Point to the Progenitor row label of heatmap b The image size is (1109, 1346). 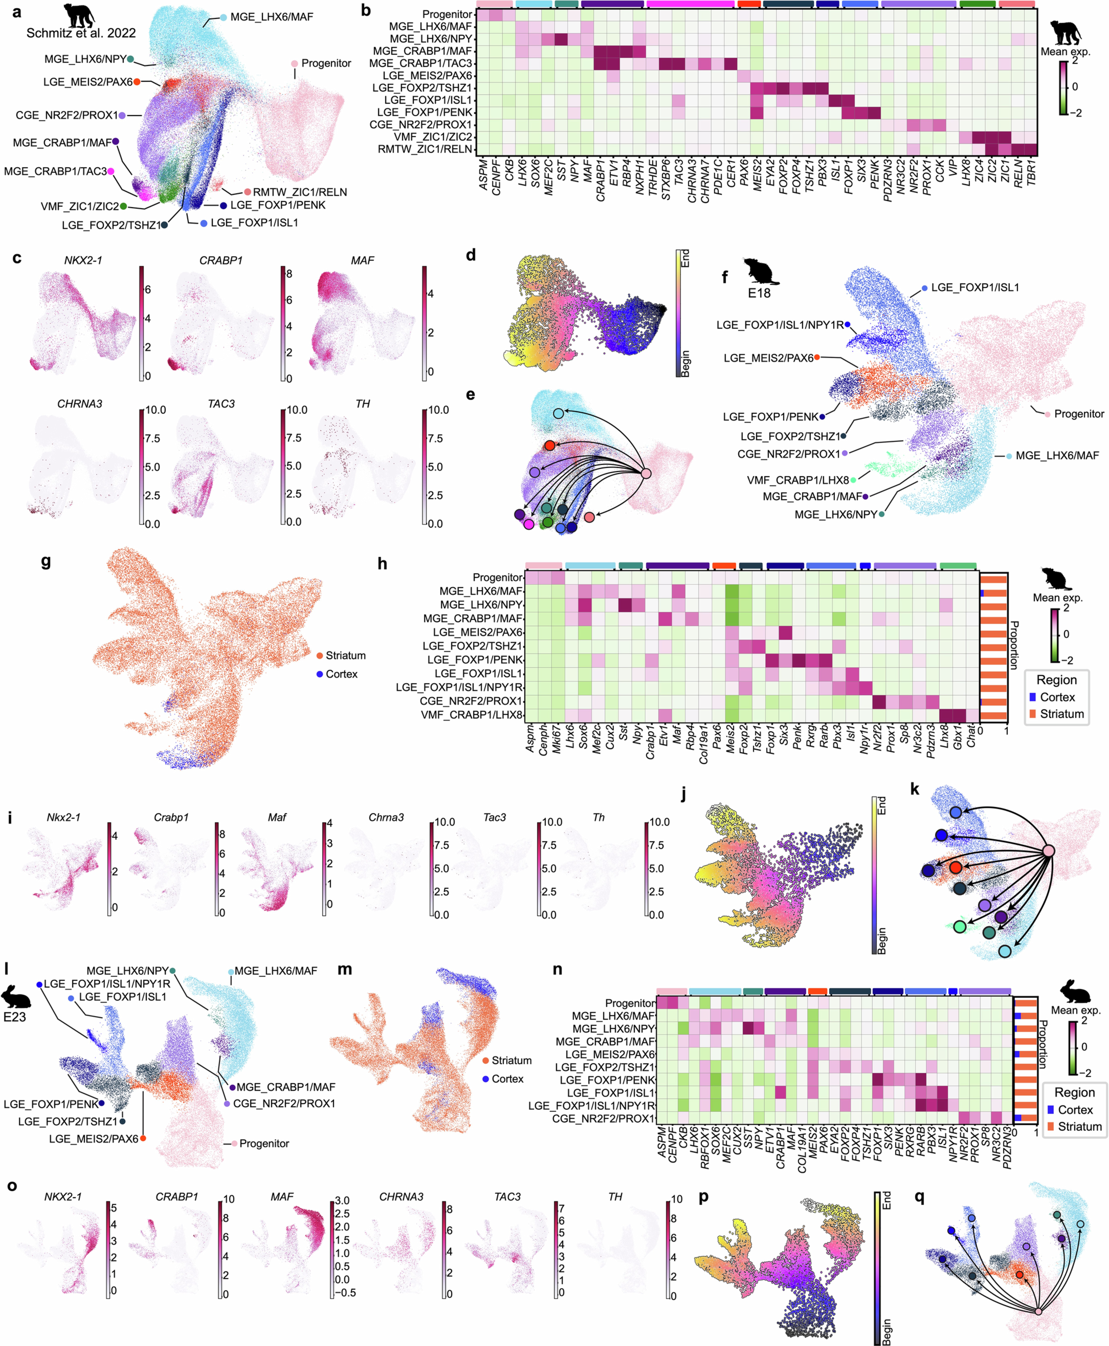[x=447, y=14]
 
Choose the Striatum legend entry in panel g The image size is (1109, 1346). [x=345, y=655]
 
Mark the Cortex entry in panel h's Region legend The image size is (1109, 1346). [x=1057, y=697]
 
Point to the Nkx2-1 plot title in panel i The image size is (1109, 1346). [x=63, y=817]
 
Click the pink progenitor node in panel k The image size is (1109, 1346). [x=1048, y=851]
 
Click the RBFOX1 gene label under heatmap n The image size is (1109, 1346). [x=705, y=1147]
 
